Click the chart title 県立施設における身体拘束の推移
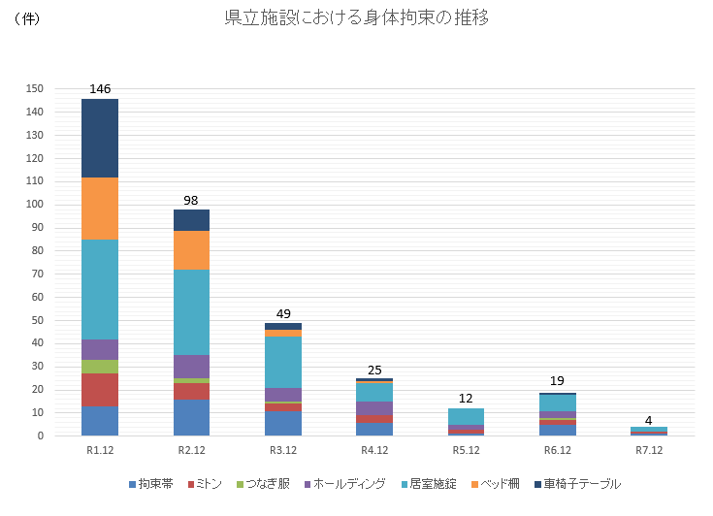pyautogui.click(x=356, y=18)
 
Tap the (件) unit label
pyautogui.click(x=27, y=19)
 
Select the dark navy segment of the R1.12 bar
pyautogui.click(x=100, y=138)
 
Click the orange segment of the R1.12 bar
pyautogui.click(x=100, y=209)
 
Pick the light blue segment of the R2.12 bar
pyautogui.click(x=191, y=311)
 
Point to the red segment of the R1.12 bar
pyautogui.click(x=100, y=390)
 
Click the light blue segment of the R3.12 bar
pyautogui.click(x=283, y=362)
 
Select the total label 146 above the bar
pyautogui.click(x=100, y=89)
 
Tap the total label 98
pyautogui.click(x=191, y=200)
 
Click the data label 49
pyautogui.click(x=283, y=313)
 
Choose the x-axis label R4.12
pyautogui.click(x=374, y=451)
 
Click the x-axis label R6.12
pyautogui.click(x=558, y=451)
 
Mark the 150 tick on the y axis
pyautogui.click(x=35, y=88)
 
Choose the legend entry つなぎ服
pyautogui.click(x=267, y=483)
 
